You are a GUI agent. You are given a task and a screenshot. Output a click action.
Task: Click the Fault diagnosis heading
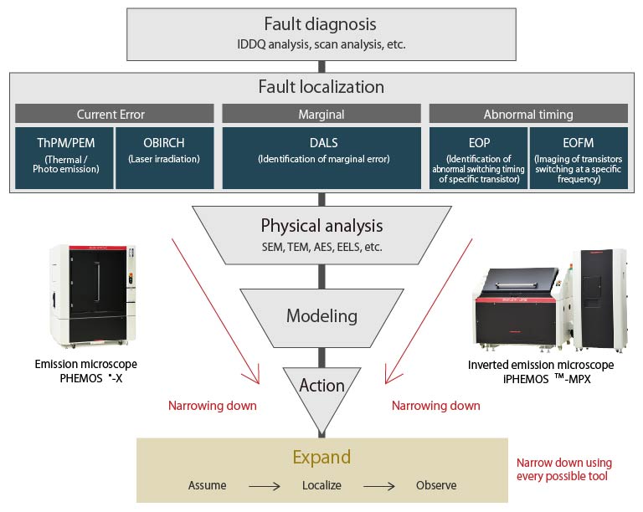tap(321, 25)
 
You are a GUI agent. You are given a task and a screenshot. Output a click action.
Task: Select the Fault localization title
tap(321, 86)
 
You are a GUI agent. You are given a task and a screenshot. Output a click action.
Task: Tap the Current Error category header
tap(114, 114)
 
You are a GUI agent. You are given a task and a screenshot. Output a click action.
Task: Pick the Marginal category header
tap(321, 114)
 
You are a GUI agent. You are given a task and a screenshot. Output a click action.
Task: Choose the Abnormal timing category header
tap(528, 114)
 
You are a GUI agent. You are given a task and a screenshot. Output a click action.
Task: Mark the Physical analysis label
tap(321, 226)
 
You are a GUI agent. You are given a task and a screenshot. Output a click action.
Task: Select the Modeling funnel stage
tap(321, 316)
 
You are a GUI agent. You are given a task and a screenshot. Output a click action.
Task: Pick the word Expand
tap(321, 457)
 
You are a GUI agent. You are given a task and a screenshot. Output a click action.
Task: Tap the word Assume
tap(207, 485)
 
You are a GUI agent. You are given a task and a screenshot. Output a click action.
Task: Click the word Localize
tap(321, 485)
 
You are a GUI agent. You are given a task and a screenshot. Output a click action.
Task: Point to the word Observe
tap(436, 485)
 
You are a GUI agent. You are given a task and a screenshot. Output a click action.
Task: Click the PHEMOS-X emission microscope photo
tap(93, 297)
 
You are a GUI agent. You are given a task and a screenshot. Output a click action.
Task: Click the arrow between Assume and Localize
tap(264, 485)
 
